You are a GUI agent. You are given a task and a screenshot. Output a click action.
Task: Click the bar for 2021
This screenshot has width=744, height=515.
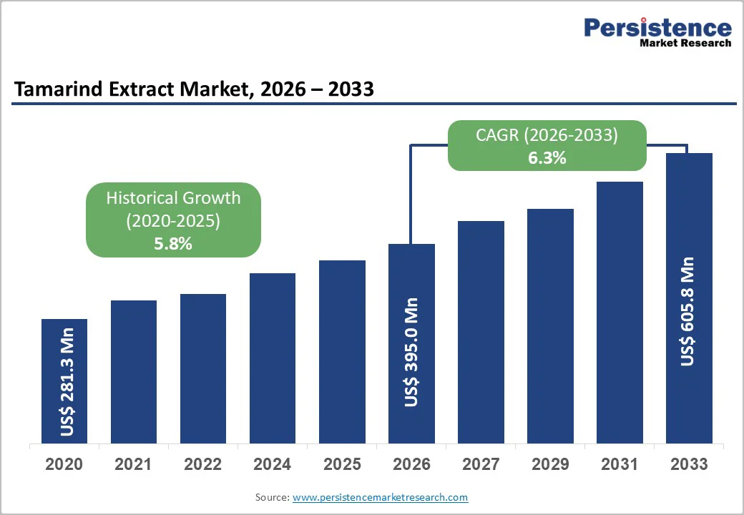coord(134,372)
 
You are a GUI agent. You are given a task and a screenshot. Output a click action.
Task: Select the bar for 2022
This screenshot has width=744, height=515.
coord(203,368)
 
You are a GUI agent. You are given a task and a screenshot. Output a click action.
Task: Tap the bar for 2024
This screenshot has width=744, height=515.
coord(273,358)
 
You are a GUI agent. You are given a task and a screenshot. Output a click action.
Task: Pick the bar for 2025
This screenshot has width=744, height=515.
coord(342,351)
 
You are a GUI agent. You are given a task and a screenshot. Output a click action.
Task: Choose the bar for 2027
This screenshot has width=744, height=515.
coord(481,332)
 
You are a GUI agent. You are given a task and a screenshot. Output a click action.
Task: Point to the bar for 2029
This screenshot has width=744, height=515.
coord(550,326)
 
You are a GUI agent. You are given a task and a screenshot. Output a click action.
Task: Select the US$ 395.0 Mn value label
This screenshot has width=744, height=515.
coord(411,353)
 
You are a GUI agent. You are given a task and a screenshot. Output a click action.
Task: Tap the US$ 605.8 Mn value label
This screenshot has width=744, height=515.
coord(688,311)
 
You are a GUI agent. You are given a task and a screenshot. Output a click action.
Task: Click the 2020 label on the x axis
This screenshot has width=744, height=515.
coord(64,464)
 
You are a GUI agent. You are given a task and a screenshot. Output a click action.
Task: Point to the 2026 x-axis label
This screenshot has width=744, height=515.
coord(411,464)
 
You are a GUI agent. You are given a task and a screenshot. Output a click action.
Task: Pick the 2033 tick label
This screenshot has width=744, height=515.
coord(689,464)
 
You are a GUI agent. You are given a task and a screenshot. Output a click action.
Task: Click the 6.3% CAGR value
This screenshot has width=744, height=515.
coord(547,158)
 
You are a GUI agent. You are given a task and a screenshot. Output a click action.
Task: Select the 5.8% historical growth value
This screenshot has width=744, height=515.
coord(173,244)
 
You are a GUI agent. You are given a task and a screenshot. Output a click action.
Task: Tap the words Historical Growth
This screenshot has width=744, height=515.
coord(173,198)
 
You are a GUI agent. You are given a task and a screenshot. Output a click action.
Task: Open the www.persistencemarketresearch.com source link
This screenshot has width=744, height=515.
coord(380,497)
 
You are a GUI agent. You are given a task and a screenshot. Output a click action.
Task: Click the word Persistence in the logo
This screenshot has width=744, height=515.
coord(657,28)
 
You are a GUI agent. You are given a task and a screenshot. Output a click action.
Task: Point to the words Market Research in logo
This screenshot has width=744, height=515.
coord(685,43)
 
